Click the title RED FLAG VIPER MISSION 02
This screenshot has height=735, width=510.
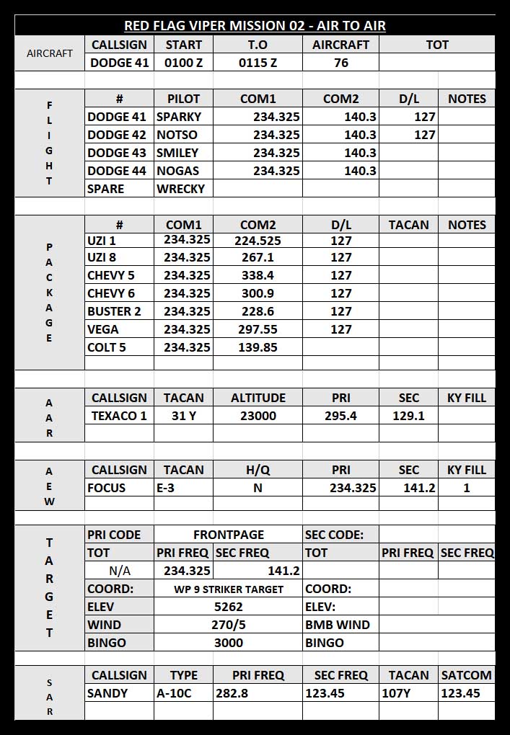255,26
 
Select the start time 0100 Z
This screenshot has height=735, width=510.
184,63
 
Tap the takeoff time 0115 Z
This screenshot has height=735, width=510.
258,63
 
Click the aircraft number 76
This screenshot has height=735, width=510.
340,63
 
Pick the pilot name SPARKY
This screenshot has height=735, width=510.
179,117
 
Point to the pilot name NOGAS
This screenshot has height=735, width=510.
177,171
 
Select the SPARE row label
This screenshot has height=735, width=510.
105,189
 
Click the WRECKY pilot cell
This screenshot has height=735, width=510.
180,189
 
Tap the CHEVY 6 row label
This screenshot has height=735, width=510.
111,293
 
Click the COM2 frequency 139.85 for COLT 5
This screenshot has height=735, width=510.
258,347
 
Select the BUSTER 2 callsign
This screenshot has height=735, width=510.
114,311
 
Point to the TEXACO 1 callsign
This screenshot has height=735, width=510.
119,416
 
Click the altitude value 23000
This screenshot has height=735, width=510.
258,416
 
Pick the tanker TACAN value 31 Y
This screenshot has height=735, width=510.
183,416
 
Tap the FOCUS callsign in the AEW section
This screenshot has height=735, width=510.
106,488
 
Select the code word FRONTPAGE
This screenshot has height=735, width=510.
229,535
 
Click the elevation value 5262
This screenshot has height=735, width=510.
229,607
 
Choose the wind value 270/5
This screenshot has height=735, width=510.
229,625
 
